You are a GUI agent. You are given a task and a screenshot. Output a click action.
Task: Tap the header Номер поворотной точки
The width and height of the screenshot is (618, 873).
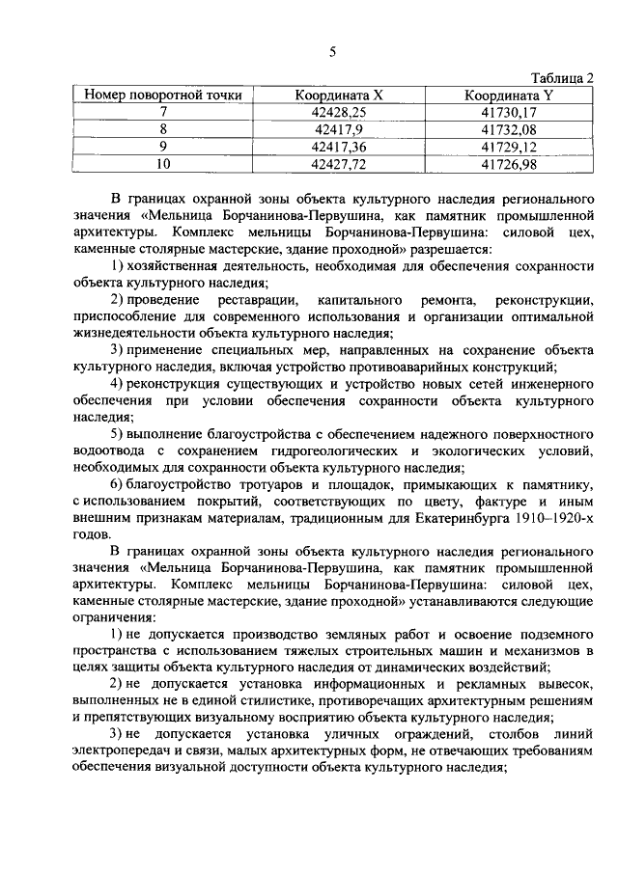point(163,95)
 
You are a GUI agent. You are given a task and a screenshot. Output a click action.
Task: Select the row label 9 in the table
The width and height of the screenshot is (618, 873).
point(163,147)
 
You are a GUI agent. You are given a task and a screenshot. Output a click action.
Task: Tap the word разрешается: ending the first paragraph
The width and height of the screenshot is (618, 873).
point(458,249)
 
